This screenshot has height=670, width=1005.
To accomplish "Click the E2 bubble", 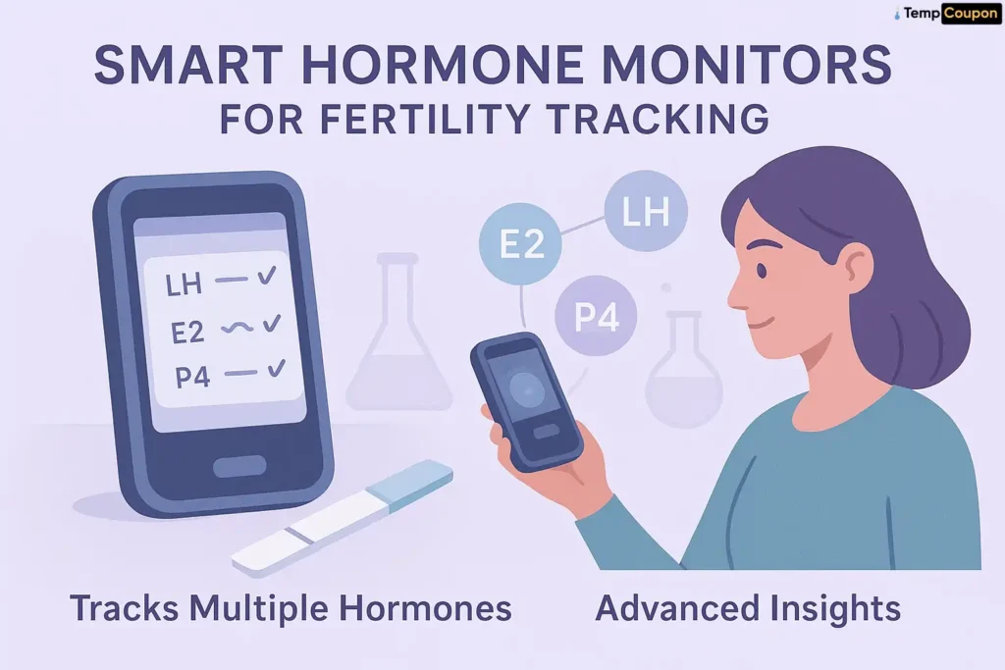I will [x=522, y=243].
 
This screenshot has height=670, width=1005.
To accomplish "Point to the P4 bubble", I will [x=596, y=316].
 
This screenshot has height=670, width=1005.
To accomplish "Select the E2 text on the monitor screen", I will [x=187, y=332].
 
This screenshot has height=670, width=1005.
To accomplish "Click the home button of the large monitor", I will [x=238, y=465].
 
